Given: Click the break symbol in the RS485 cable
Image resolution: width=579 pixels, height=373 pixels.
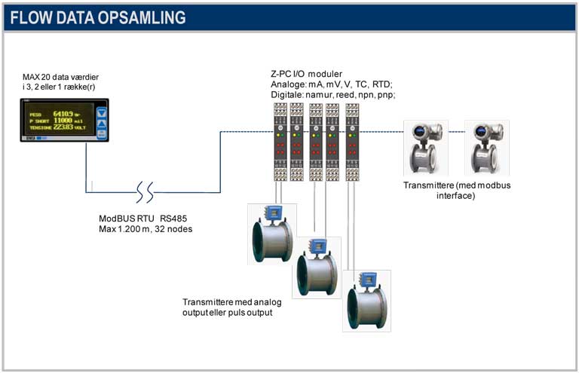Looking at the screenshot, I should pos(145,192).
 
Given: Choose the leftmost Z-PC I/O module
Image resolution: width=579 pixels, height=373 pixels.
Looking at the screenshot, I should pos(278,142).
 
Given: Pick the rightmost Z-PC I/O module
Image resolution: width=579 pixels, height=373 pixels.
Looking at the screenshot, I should pos(351,142).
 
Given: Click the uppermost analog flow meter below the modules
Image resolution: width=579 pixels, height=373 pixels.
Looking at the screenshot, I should pos(272,234).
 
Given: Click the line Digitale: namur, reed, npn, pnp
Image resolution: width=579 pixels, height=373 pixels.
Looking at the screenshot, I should pos(332,95).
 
